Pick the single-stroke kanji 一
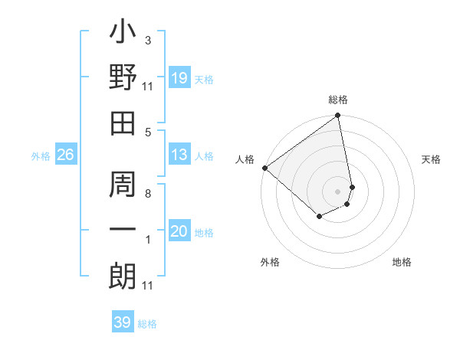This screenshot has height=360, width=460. (x=123, y=230)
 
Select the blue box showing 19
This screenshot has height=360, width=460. (x=179, y=78)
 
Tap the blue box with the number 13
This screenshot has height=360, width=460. (x=179, y=155)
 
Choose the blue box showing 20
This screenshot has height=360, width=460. (x=179, y=231)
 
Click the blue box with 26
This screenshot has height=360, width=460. (x=65, y=155)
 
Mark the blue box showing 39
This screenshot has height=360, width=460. (x=122, y=322)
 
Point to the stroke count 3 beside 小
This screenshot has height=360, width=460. (x=147, y=40)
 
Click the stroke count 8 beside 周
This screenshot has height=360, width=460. (x=147, y=194)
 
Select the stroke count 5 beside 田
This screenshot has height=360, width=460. (x=147, y=132)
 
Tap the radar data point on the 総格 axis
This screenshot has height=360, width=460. (x=338, y=116)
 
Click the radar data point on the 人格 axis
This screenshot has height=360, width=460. (x=264, y=168)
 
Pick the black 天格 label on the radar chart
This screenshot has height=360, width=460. (x=432, y=159)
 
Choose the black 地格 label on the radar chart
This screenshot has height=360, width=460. (x=402, y=262)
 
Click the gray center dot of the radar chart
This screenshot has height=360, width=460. (x=338, y=191)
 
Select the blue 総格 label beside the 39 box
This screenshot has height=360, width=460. (x=147, y=324)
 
